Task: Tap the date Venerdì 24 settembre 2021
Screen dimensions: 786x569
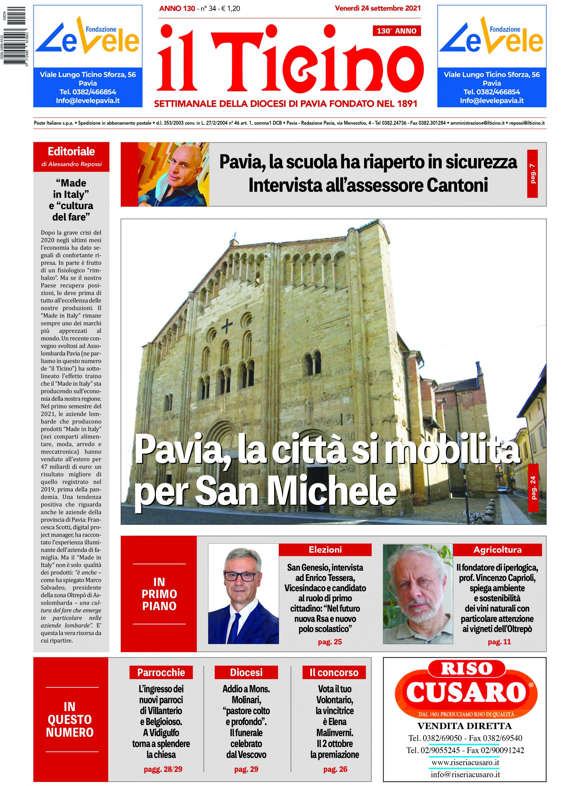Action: coord(378,8)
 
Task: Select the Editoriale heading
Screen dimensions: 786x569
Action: coord(71,151)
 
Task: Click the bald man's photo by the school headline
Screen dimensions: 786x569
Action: coord(173,174)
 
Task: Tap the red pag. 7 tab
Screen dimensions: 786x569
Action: coord(532,174)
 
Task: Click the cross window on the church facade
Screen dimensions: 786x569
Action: coord(227,325)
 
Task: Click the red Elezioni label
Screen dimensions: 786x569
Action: coord(325,549)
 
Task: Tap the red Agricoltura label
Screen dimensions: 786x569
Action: coord(497,549)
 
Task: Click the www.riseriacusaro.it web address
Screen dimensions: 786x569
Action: coord(465,763)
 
